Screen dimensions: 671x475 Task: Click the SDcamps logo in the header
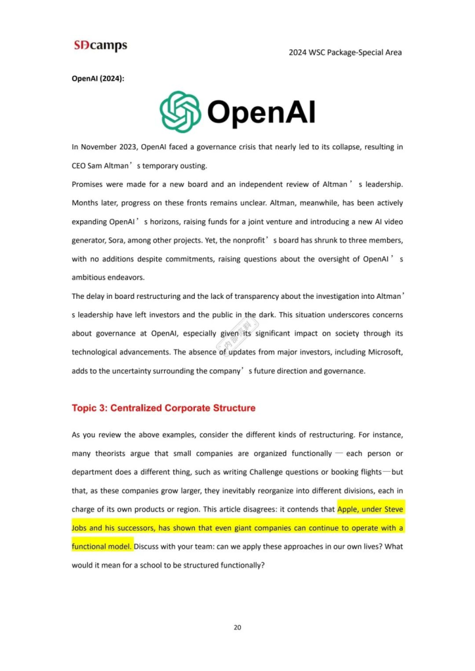coord(100,45)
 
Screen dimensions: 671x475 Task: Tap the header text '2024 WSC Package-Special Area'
coord(345,52)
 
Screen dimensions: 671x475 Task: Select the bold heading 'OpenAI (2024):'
coord(98,79)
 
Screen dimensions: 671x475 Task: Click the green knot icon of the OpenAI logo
coord(180,112)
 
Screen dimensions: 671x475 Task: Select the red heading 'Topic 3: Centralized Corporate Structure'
coord(163,408)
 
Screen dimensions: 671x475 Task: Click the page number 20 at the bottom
coord(237,627)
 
